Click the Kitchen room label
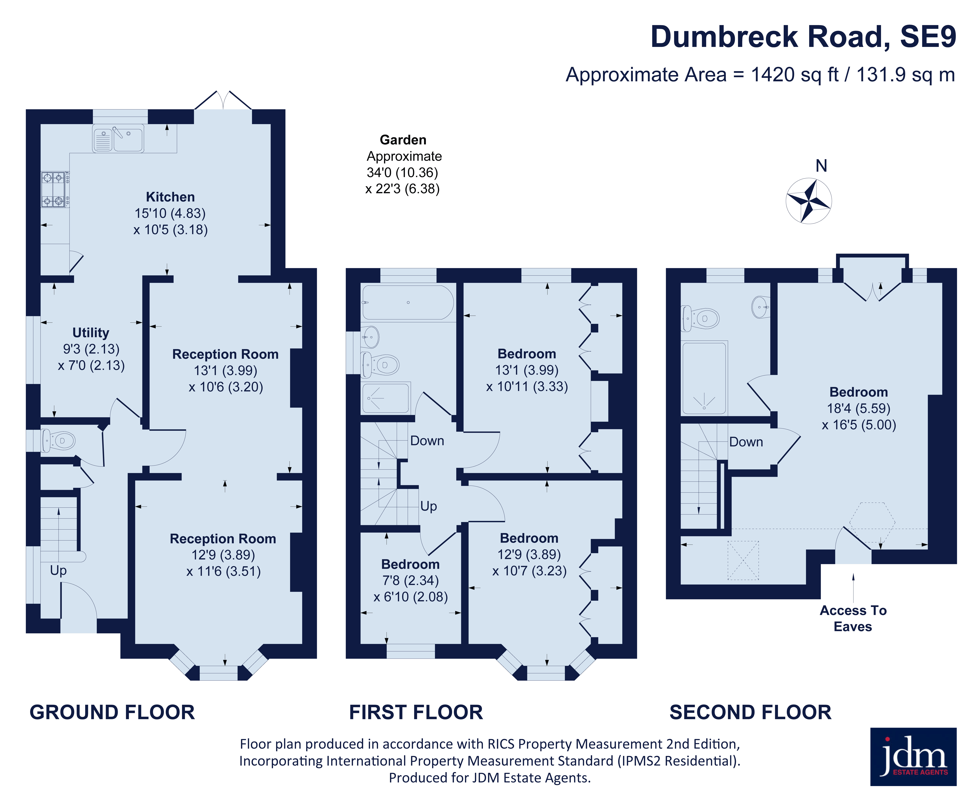click(170, 197)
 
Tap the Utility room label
click(91, 333)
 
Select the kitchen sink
click(118, 138)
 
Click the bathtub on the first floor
click(408, 302)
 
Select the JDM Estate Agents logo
click(913, 757)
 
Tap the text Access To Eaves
click(853, 619)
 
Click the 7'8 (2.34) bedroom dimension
click(411, 581)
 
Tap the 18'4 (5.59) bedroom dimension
click(859, 408)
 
